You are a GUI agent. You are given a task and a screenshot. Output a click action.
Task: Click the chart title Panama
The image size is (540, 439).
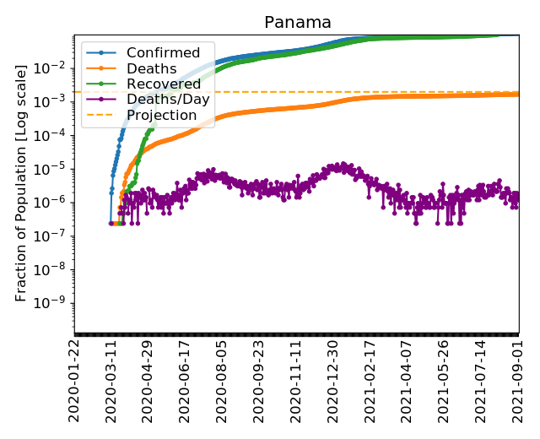click(x=298, y=23)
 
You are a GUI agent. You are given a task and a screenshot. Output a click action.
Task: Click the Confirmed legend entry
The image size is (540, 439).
click(x=163, y=53)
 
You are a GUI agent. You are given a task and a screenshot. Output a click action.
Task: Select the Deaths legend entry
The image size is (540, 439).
click(x=152, y=68)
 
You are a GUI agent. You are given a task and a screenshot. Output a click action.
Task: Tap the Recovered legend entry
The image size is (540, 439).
click(x=164, y=84)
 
